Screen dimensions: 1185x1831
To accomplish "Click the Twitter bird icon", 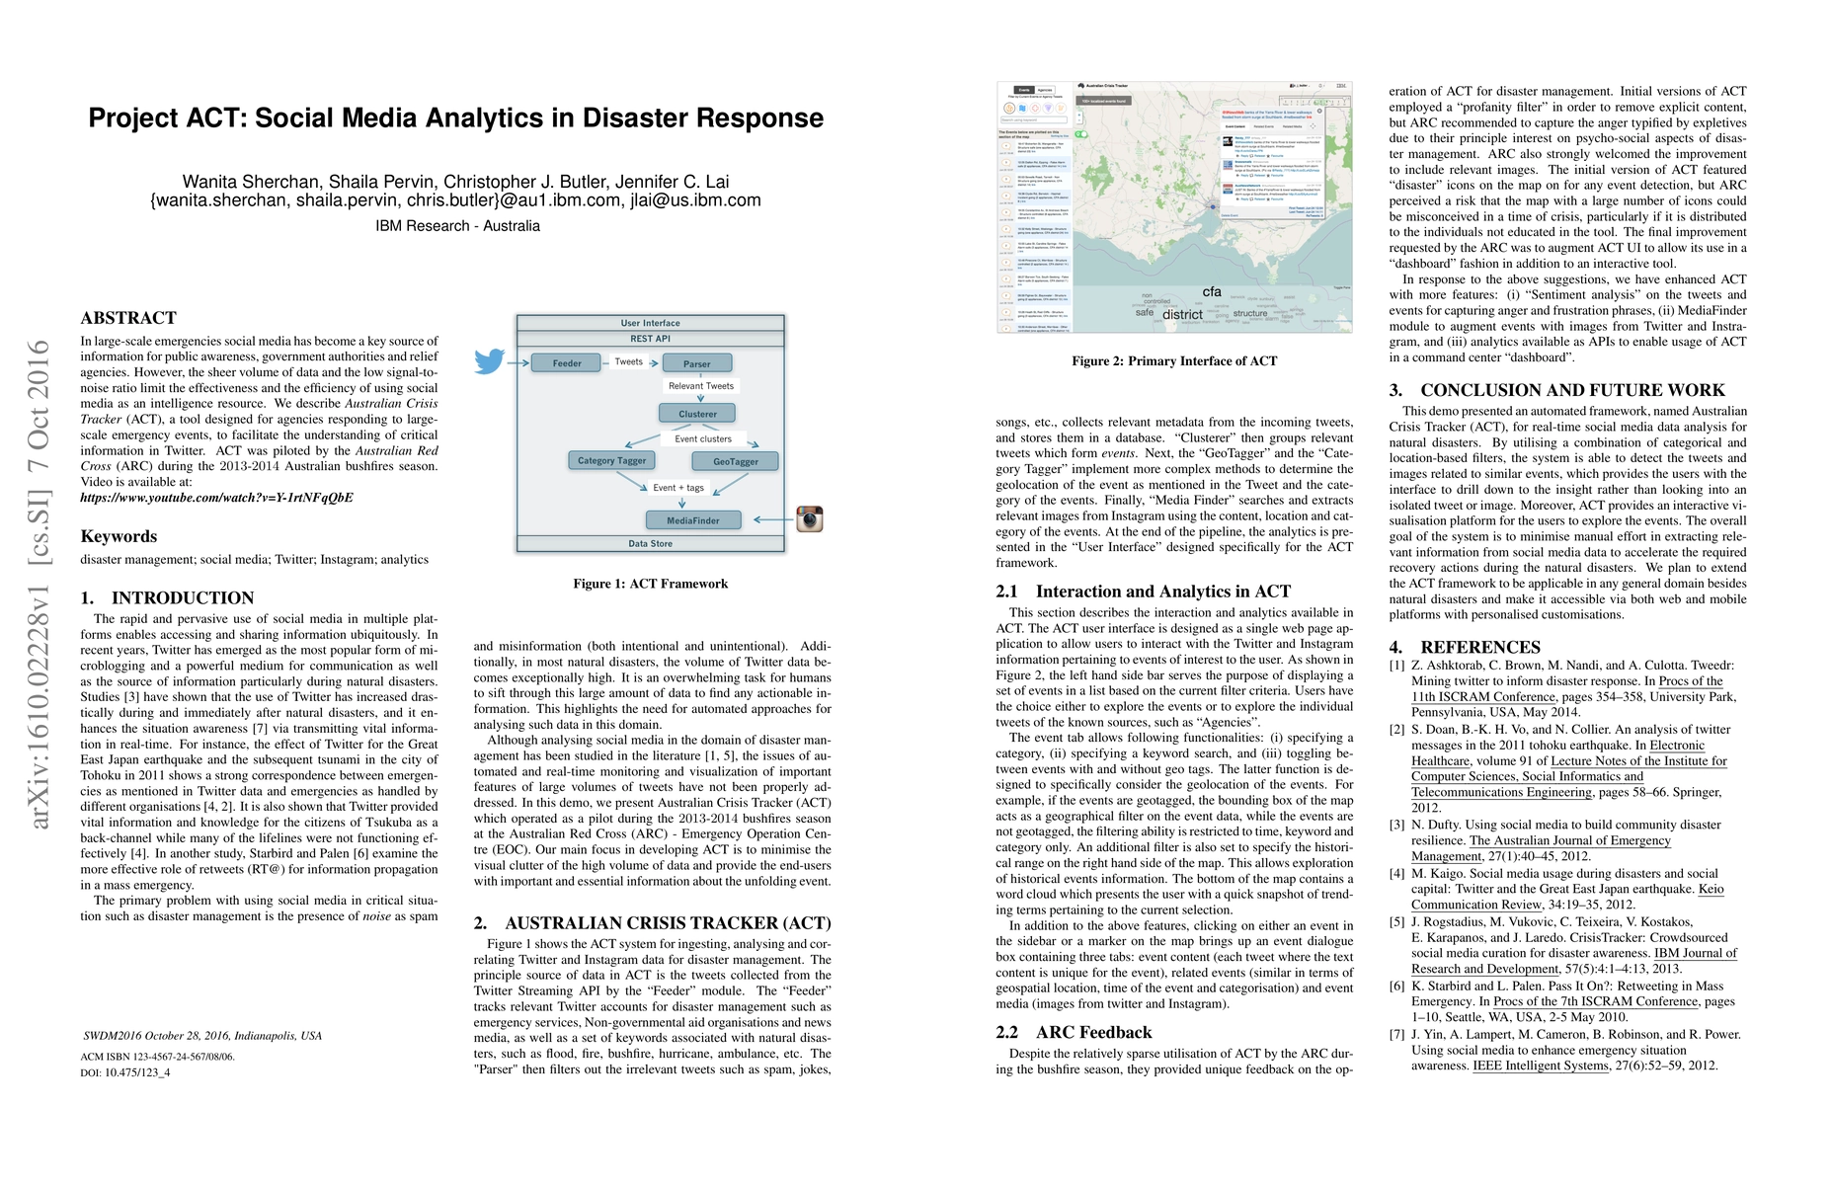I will click(x=489, y=361).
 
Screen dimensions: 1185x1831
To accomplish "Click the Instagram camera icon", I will click(x=810, y=518).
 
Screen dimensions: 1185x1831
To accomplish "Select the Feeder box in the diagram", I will click(x=567, y=363).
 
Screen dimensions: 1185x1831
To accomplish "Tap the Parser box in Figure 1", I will click(x=697, y=363).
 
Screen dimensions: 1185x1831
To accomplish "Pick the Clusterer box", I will click(x=698, y=414).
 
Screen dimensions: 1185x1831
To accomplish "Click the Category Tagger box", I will click(x=611, y=460).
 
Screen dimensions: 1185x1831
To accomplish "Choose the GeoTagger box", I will click(x=736, y=461).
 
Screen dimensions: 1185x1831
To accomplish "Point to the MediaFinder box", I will click(x=693, y=520).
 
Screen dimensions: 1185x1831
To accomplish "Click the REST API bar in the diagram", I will click(x=650, y=339).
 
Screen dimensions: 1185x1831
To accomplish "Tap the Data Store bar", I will click(x=650, y=544).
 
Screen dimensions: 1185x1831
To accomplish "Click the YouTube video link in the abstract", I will click(x=216, y=498).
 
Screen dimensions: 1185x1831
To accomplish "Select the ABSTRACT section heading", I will click(x=128, y=318).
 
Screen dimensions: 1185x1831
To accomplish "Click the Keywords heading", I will click(x=119, y=536).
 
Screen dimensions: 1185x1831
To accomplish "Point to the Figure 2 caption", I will click(x=1174, y=361).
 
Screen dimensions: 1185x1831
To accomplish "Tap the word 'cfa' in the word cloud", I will click(x=1212, y=292).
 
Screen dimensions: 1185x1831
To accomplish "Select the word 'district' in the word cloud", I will click(x=1182, y=315).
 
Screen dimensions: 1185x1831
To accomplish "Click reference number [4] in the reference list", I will click(x=1396, y=874).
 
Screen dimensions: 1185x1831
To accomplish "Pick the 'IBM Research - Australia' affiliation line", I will click(x=457, y=226).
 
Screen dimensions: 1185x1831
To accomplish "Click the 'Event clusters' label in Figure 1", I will click(x=703, y=438).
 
